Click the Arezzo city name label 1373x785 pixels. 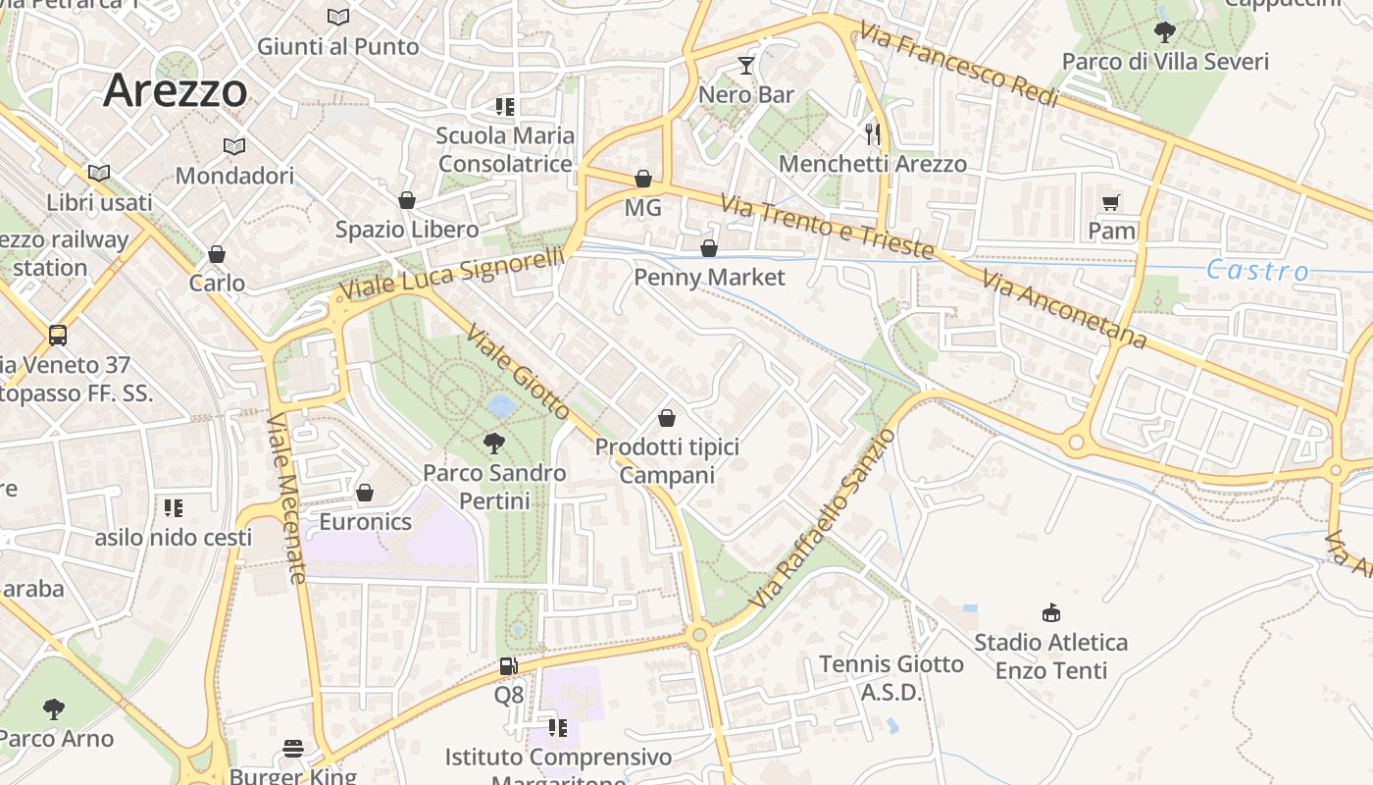(176, 90)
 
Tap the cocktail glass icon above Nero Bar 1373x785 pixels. (746, 66)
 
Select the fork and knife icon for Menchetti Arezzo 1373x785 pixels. (873, 133)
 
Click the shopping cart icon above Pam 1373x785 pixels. (1111, 202)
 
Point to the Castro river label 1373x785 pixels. (1257, 271)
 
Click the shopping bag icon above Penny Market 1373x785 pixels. (709, 248)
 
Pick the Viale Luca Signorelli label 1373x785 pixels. (452, 274)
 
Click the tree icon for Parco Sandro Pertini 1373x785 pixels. (494, 444)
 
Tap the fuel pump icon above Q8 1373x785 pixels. (508, 666)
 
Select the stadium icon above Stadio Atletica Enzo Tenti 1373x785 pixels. (1051, 613)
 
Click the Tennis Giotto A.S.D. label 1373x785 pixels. (891, 678)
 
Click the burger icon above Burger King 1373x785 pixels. (292, 749)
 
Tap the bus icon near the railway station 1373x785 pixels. (58, 336)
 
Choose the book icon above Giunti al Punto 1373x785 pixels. (337, 17)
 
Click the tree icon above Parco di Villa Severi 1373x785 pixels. (1165, 32)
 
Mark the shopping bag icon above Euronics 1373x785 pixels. (365, 492)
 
